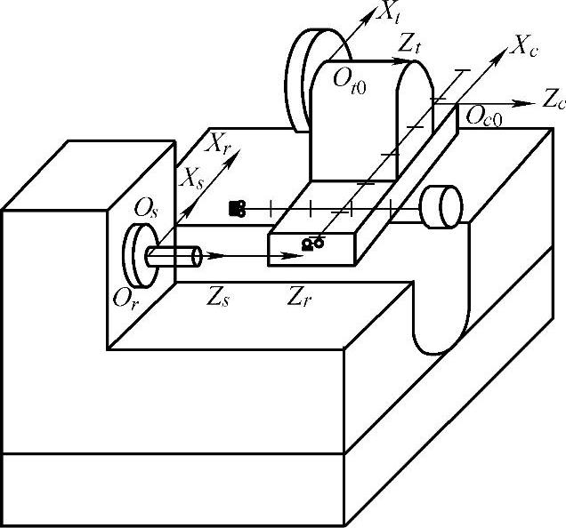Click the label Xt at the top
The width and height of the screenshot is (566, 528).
pyautogui.click(x=388, y=12)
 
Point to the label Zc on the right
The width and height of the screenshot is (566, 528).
pyautogui.click(x=554, y=100)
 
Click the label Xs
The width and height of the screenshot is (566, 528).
pyautogui.click(x=193, y=177)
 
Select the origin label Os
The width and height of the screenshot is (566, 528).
pyautogui.click(x=145, y=210)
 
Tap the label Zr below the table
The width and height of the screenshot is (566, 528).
pyautogui.click(x=298, y=295)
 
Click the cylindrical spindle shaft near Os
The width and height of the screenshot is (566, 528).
pyautogui.click(x=174, y=256)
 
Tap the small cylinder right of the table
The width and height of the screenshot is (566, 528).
pyautogui.click(x=442, y=207)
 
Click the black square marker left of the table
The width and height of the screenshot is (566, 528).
pyautogui.click(x=237, y=208)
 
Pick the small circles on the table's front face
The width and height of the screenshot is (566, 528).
pyautogui.click(x=312, y=243)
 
